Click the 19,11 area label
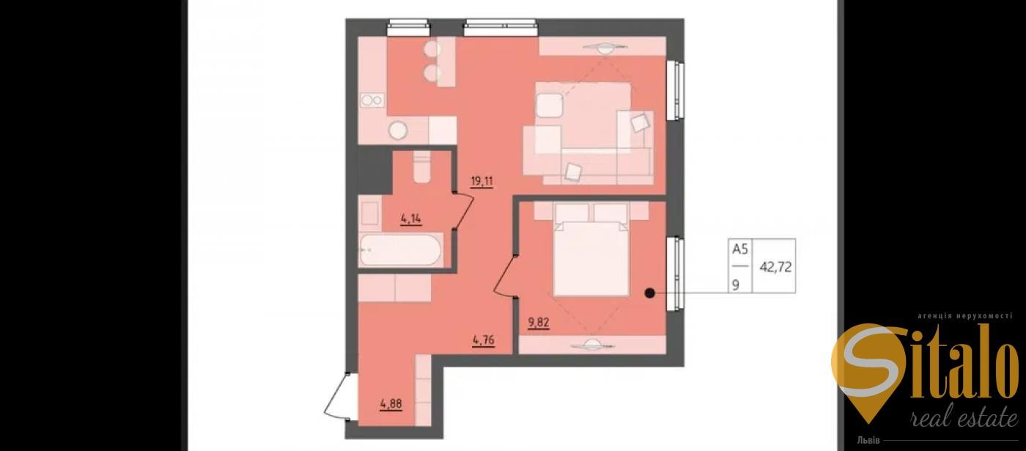(482, 182)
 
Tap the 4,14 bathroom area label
(411, 219)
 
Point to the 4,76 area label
(484, 340)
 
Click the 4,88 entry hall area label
(391, 404)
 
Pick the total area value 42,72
(775, 267)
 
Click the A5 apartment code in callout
(739, 249)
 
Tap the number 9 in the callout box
(736, 285)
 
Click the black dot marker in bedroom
(649, 293)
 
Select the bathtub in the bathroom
(400, 250)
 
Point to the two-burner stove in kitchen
(372, 100)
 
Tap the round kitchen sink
(398, 131)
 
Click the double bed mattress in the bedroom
(591, 258)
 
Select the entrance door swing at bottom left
(336, 397)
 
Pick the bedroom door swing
(505, 276)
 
